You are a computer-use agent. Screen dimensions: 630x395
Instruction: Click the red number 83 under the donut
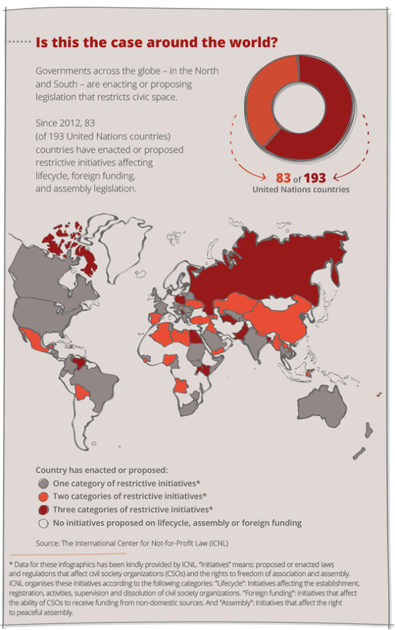click(x=283, y=178)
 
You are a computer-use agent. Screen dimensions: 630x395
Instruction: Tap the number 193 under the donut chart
click(x=314, y=178)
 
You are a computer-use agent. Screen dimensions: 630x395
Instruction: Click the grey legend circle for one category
click(x=43, y=484)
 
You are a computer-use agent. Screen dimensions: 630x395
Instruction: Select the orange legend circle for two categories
click(x=43, y=496)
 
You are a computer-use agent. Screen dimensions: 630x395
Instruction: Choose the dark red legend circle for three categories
click(x=43, y=509)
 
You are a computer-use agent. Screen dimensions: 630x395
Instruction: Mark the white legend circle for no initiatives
click(x=43, y=523)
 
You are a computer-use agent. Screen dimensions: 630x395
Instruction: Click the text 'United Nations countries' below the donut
click(x=300, y=189)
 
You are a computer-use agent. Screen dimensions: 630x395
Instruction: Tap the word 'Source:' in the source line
click(x=49, y=543)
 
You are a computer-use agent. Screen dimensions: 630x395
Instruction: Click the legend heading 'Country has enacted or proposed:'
click(x=97, y=470)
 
